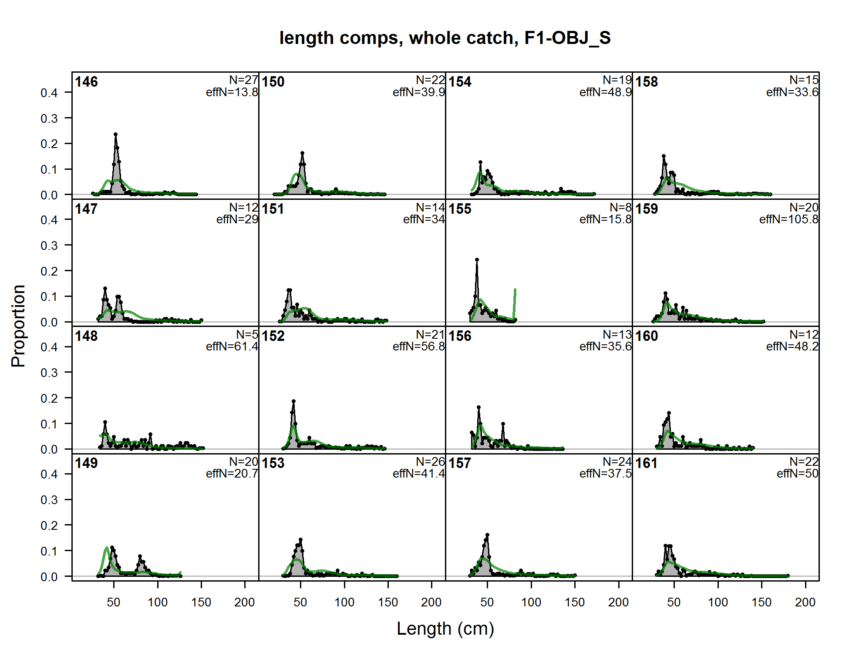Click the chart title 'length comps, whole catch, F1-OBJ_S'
(445, 38)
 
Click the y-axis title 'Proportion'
(19, 326)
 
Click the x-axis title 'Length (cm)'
(445, 629)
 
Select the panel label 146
(86, 82)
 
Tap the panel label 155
(460, 209)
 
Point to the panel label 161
(646, 463)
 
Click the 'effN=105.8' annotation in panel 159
(788, 219)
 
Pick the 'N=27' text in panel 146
(243, 80)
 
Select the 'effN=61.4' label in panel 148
(232, 347)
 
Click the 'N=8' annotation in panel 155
(620, 207)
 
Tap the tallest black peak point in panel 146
(115, 135)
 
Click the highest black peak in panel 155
(477, 260)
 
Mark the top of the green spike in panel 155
(515, 289)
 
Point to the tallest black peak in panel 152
(293, 401)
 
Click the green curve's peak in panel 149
(107, 548)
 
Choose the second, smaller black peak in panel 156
(503, 424)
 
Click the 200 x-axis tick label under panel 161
(805, 603)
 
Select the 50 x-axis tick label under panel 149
(114, 603)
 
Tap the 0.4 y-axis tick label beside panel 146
(49, 93)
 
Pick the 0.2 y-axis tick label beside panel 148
(49, 398)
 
